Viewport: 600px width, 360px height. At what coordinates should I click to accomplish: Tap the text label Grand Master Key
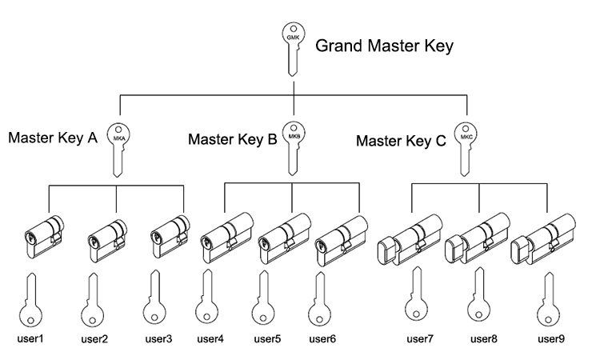[384, 46]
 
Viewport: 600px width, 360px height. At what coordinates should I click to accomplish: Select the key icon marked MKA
[118, 146]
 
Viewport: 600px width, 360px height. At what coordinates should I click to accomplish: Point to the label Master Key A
[53, 138]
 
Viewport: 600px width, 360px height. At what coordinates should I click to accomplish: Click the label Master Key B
[232, 139]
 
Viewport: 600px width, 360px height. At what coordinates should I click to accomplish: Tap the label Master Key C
[402, 142]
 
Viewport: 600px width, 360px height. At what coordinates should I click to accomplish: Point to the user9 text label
[551, 338]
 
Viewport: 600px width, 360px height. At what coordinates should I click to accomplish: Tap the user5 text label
[266, 338]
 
